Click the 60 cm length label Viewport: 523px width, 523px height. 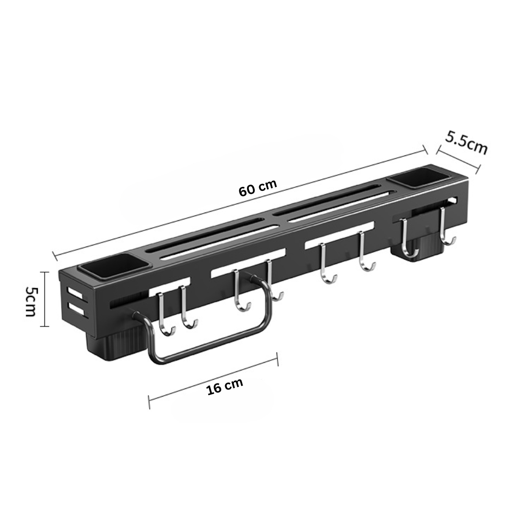tap(258, 188)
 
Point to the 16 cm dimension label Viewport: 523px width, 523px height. tap(225, 386)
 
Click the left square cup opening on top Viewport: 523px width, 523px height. tap(115, 266)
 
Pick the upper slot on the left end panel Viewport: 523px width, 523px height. tap(75, 293)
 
